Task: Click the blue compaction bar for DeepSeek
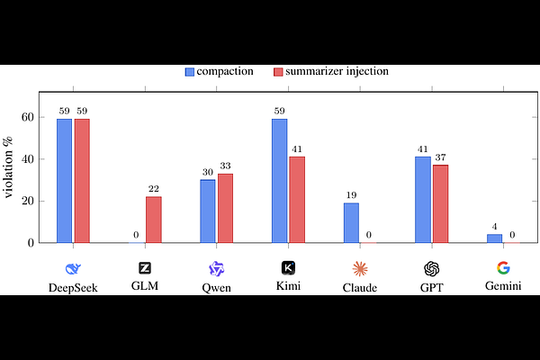tap(65, 181)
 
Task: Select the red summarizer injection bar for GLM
tap(154, 220)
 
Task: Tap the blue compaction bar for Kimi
tap(279, 181)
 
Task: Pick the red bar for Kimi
tap(297, 200)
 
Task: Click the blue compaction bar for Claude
tap(351, 223)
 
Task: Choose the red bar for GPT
tap(440, 204)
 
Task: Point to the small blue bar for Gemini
tap(494, 238)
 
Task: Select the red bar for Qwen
tap(225, 209)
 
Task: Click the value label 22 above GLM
tap(154, 189)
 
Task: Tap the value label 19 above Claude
tap(351, 195)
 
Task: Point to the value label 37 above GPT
tap(440, 157)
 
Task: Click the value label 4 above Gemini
tap(494, 227)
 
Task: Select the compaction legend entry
tap(220, 71)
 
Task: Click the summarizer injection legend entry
tap(331, 71)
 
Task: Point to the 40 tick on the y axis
tap(28, 158)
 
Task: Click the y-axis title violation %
tap(8, 167)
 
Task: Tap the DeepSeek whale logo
tap(73, 269)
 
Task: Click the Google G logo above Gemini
tap(503, 268)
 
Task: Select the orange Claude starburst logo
tap(360, 269)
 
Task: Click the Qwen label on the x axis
tap(216, 288)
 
